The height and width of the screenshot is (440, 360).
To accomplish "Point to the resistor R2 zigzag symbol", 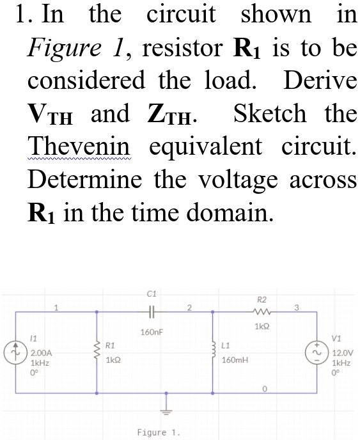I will (x=262, y=312).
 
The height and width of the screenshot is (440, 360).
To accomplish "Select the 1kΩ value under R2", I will (x=262, y=326).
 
